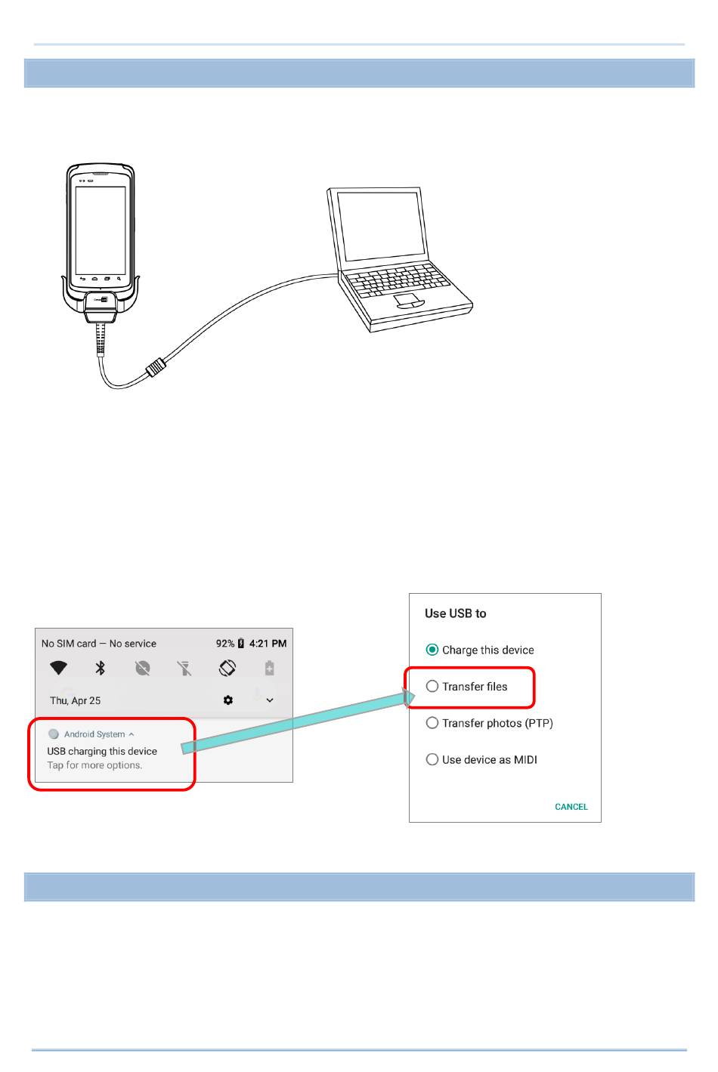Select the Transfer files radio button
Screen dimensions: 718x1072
[432, 686]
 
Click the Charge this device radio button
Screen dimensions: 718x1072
[432, 650]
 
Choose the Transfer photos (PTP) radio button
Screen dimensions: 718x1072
[432, 723]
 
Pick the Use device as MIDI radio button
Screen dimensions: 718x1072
[432, 759]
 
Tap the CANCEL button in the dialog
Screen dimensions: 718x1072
[571, 807]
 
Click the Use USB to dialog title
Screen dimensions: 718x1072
[455, 613]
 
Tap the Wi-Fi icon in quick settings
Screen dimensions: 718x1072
[58, 668]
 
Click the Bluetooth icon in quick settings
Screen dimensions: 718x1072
[100, 668]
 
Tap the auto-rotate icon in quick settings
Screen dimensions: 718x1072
[227, 668]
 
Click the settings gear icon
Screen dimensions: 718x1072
[228, 700]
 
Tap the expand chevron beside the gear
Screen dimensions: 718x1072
[270, 700]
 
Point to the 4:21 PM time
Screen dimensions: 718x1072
[268, 644]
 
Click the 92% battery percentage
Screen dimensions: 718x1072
[225, 644]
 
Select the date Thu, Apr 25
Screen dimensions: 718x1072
[75, 700]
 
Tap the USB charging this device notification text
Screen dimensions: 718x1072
[102, 752]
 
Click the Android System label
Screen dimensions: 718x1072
[94, 734]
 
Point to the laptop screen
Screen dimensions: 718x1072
[382, 227]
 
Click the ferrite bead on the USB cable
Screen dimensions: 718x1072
[156, 368]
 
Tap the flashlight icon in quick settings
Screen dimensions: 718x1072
[184, 668]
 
